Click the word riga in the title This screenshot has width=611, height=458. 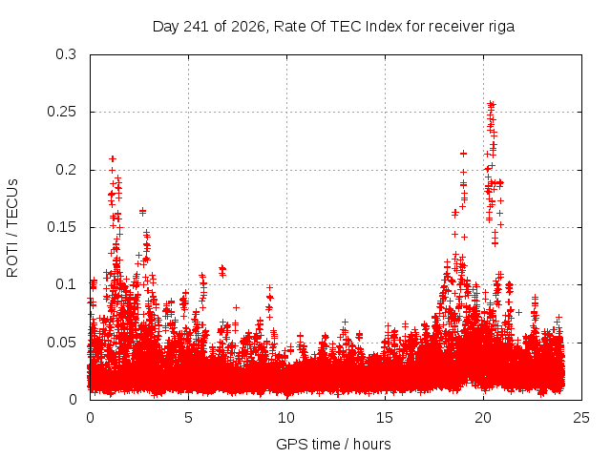pyautogui.click(x=501, y=27)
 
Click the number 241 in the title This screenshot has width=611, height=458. pyautogui.click(x=196, y=27)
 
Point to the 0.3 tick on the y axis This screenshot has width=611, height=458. pyautogui.click(x=66, y=54)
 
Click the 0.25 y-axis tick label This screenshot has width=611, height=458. pyautogui.click(x=61, y=112)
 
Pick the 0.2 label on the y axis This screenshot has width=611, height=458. pyautogui.click(x=66, y=170)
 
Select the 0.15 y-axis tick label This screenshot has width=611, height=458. pyautogui.click(x=61, y=227)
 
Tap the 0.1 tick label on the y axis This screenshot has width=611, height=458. pyautogui.click(x=66, y=284)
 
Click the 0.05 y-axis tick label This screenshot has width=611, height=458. pyautogui.click(x=61, y=343)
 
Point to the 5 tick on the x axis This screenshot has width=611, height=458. pyautogui.click(x=188, y=418)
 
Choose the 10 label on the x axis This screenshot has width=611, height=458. pyautogui.click(x=286, y=418)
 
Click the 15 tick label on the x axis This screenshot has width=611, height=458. pyautogui.click(x=385, y=418)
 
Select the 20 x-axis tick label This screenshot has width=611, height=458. pyautogui.click(x=483, y=418)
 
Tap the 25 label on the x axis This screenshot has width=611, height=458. pyautogui.click(x=581, y=418)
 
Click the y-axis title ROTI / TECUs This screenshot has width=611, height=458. pyautogui.click(x=12, y=228)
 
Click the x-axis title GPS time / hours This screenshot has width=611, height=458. pyautogui.click(x=333, y=444)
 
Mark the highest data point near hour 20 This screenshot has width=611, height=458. pyautogui.click(x=492, y=104)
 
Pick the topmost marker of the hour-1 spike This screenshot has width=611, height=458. pyautogui.click(x=113, y=158)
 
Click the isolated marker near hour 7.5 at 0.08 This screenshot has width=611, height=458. pyautogui.click(x=236, y=307)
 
